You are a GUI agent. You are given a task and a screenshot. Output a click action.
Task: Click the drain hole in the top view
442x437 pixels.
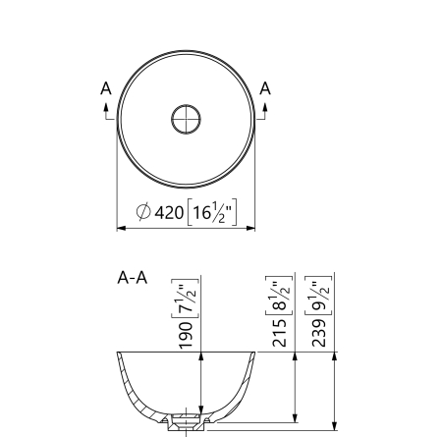(186, 119)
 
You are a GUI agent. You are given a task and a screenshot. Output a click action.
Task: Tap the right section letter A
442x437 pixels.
(265, 89)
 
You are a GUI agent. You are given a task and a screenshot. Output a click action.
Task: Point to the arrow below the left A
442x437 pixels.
(106, 109)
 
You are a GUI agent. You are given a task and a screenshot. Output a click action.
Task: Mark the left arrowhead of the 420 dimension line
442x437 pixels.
(121, 228)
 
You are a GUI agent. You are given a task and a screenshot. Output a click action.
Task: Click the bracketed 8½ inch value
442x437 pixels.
(278, 294)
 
